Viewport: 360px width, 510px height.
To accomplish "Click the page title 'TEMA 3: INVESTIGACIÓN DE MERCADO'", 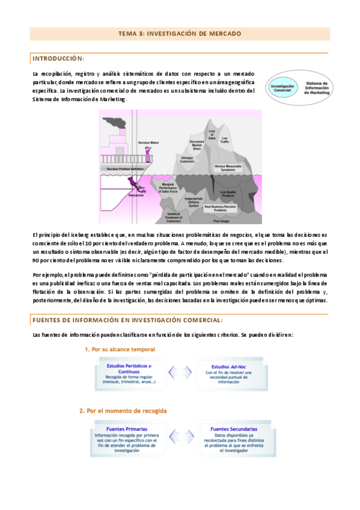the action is click(x=180, y=34).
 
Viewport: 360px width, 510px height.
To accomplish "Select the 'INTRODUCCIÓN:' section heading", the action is click(x=58, y=58).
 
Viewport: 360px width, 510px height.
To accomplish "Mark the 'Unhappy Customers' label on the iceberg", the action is click(x=189, y=159).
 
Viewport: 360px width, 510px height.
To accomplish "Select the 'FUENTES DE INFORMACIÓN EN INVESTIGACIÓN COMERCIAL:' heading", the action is click(x=127, y=321).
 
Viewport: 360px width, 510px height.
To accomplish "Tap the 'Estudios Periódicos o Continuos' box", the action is click(x=129, y=373).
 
